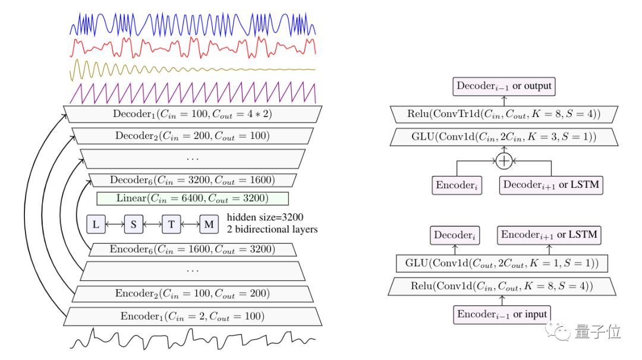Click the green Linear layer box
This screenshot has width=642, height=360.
(x=193, y=198)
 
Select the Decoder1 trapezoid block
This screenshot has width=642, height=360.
(x=193, y=113)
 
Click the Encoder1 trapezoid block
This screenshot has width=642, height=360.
(x=193, y=315)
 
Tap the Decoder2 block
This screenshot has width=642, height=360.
(x=193, y=136)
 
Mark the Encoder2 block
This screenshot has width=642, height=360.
(x=193, y=293)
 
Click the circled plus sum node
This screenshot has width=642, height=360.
(x=504, y=160)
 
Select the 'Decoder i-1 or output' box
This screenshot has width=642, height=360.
(x=503, y=86)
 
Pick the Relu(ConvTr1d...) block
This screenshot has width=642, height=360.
(x=503, y=113)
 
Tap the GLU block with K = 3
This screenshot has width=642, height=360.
(x=503, y=137)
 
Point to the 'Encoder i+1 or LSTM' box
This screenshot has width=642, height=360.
(x=549, y=235)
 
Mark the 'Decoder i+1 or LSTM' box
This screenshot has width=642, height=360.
(x=550, y=185)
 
